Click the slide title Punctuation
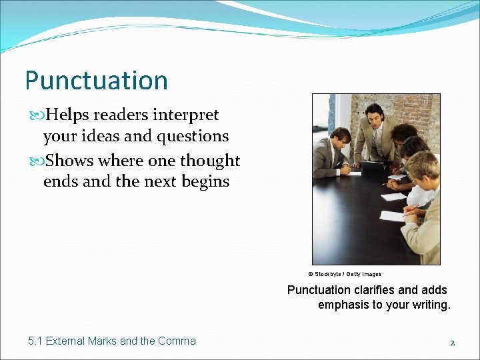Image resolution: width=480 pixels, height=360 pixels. coord(96,81)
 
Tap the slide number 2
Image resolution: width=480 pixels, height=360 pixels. coord(452,342)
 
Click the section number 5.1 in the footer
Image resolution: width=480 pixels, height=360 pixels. coord(35,341)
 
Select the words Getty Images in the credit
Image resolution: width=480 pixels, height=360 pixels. coord(364,274)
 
